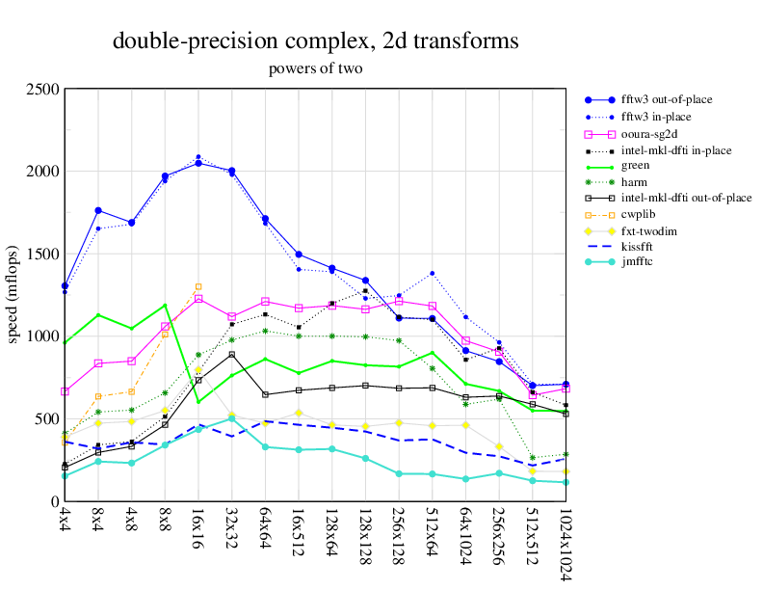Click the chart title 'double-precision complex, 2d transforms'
[x=316, y=41]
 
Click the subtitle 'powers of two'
[x=315, y=68]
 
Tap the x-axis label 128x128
[x=365, y=537]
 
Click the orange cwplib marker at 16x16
[x=198, y=286]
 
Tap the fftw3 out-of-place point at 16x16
[x=198, y=163]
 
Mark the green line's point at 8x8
[x=165, y=306]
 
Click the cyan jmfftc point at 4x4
[x=65, y=475]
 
